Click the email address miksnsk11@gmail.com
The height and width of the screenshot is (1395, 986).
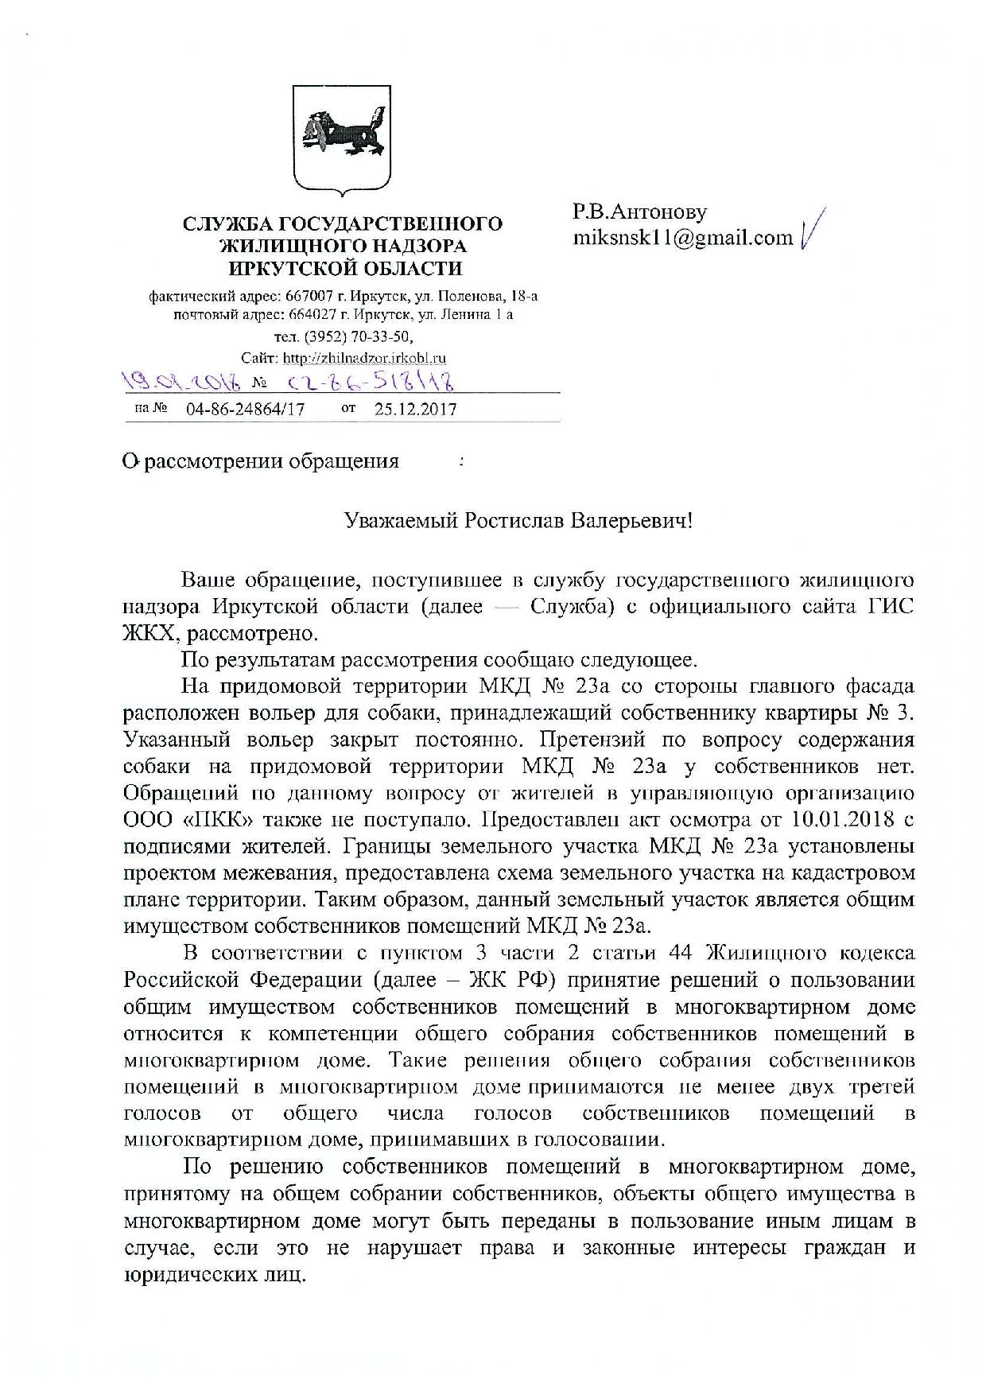(x=683, y=237)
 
